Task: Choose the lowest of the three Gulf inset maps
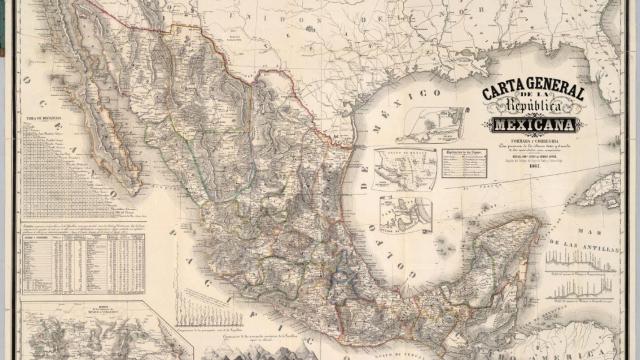click(405, 212)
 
